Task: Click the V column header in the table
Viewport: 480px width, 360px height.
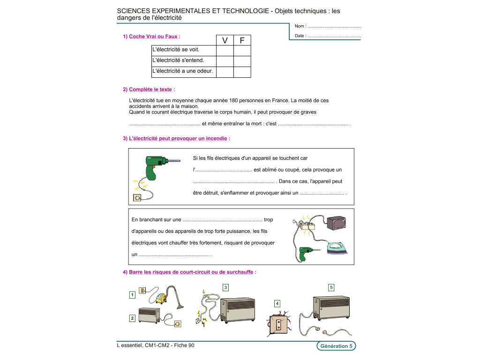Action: (x=225, y=40)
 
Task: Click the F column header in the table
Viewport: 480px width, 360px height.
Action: (x=242, y=40)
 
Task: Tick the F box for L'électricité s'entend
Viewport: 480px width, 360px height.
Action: (x=242, y=61)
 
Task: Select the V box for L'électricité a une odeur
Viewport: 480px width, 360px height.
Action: (x=225, y=72)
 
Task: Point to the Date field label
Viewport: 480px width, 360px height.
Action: (x=300, y=36)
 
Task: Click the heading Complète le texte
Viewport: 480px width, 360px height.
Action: (x=150, y=90)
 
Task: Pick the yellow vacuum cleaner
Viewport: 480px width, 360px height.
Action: (x=162, y=297)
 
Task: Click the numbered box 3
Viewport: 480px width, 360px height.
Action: (x=225, y=287)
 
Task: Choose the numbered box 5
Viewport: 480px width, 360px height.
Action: (x=331, y=287)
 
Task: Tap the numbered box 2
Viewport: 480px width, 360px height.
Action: (x=132, y=318)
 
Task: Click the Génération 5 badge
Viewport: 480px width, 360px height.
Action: (x=335, y=346)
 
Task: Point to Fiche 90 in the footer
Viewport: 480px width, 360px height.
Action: (x=185, y=345)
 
